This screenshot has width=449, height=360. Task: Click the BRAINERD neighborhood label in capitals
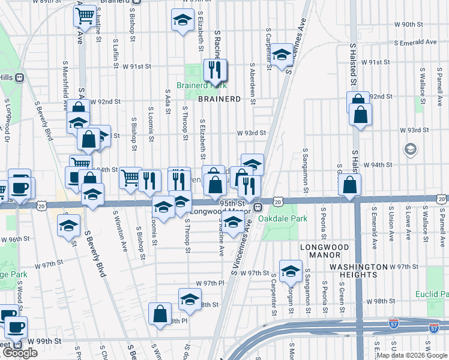(219, 98)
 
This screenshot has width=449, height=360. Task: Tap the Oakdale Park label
(283, 218)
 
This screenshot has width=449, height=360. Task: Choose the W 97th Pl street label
(209, 283)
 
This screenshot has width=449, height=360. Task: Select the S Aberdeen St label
(252, 83)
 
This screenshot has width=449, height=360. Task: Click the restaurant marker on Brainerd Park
(215, 70)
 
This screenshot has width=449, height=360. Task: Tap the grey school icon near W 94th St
(411, 149)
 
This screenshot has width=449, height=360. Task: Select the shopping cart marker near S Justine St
(85, 15)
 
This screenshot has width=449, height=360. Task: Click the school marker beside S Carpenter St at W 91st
(280, 56)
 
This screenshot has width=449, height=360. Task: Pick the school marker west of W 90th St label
(182, 20)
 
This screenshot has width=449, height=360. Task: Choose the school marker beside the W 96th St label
(68, 226)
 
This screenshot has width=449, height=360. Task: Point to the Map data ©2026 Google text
(411, 355)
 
